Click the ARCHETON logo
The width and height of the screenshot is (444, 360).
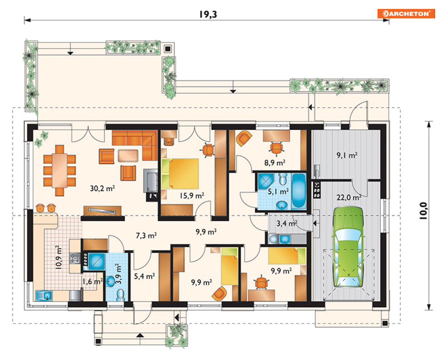tap(406, 13)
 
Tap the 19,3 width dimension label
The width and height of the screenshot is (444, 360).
tap(208, 14)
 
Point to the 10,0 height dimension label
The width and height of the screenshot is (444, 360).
tap(423, 211)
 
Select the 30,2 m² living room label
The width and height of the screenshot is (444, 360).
tap(102, 188)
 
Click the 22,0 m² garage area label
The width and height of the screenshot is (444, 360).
tap(349, 197)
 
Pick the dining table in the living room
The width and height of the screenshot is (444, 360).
tap(59, 170)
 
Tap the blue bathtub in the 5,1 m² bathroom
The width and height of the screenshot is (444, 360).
tap(299, 190)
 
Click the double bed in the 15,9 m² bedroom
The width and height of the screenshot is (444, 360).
tap(180, 173)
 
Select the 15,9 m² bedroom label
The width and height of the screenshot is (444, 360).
tap(192, 195)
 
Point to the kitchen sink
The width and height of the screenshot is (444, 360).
tap(44, 295)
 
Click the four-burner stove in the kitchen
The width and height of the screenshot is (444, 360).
tap(75, 258)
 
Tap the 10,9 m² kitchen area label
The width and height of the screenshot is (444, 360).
tap(59, 257)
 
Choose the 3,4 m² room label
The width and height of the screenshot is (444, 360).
tap(287, 223)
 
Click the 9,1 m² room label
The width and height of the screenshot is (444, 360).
tap(347, 155)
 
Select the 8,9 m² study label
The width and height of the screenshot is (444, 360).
tap(275, 163)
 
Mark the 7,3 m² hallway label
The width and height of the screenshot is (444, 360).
tap(146, 235)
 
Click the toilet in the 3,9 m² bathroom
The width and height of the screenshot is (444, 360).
tap(120, 295)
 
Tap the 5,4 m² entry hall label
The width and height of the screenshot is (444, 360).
tap(145, 276)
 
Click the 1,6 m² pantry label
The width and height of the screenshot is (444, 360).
tap(92, 281)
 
